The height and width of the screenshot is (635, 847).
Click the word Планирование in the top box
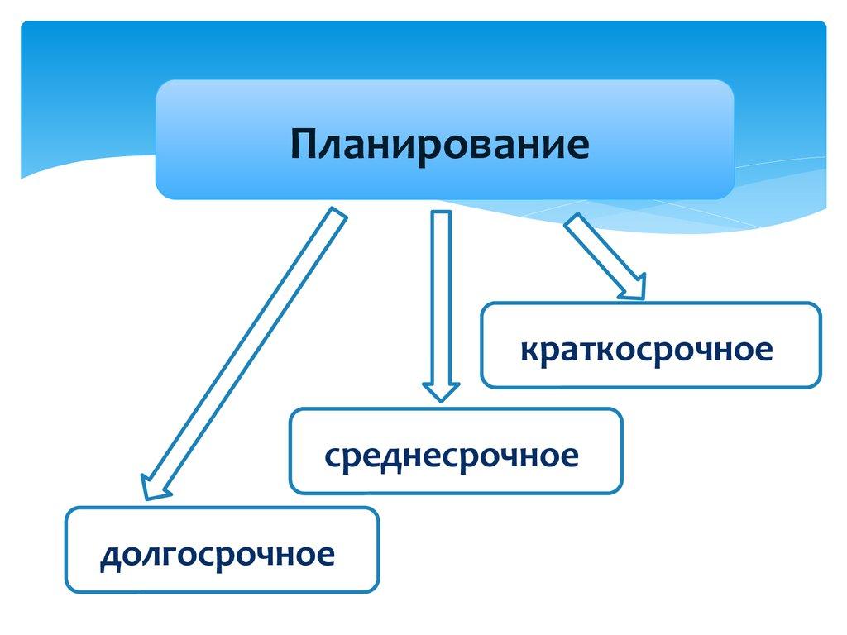(439, 144)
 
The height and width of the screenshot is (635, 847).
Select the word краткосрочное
(647, 349)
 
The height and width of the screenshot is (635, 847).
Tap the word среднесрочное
(451, 455)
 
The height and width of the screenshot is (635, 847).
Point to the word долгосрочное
(218, 554)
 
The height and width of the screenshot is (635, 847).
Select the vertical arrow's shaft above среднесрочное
(441, 298)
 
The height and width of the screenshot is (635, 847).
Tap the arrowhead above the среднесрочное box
(441, 389)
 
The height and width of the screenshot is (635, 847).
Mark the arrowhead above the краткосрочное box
(633, 285)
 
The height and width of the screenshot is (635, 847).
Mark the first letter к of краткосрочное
(529, 350)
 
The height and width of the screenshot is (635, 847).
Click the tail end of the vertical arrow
(441, 217)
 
